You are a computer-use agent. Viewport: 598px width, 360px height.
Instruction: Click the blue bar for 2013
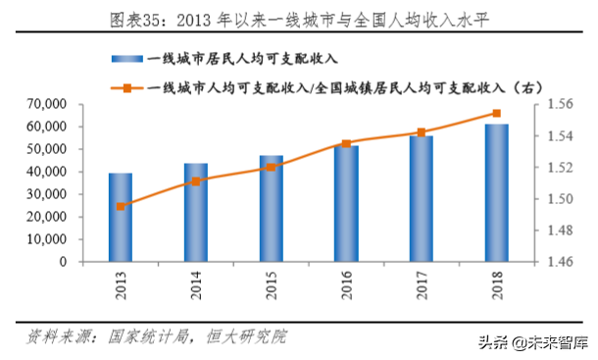(x=121, y=218)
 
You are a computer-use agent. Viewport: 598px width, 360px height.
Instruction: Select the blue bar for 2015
(x=272, y=209)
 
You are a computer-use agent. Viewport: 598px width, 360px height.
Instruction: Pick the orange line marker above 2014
(x=196, y=181)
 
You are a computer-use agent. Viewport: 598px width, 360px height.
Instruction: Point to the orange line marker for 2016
(x=346, y=144)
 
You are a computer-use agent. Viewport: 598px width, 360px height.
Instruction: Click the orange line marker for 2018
(x=497, y=114)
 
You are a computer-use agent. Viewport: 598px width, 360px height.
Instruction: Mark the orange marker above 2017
(x=422, y=132)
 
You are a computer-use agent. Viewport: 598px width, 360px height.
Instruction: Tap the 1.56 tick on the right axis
(x=558, y=104)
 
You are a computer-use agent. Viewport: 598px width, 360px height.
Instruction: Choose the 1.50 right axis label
(x=558, y=199)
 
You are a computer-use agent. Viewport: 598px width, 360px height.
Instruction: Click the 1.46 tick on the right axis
(x=558, y=262)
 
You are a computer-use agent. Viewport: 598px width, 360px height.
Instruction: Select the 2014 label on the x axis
(x=196, y=284)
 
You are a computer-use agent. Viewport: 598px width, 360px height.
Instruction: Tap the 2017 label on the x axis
(x=422, y=284)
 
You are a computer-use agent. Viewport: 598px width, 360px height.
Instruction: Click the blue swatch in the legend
(x=128, y=60)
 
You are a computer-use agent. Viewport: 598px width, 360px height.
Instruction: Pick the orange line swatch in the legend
(x=128, y=87)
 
